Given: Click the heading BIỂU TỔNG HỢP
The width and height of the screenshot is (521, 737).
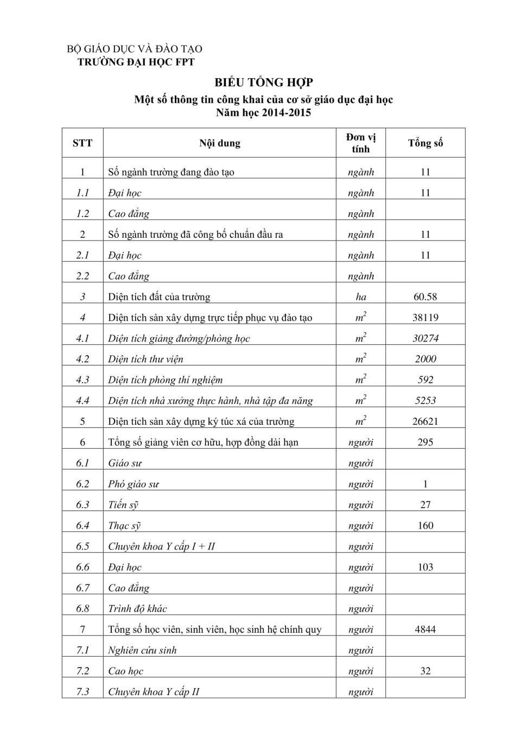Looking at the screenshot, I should coord(263,83).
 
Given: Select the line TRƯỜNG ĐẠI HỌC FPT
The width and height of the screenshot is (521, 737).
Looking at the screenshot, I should coord(136,62).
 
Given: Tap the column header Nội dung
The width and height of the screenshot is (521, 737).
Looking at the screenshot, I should coord(219,143).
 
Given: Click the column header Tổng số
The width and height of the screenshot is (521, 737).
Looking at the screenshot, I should coord(425,143).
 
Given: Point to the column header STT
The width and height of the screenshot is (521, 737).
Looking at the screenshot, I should coord(82,143).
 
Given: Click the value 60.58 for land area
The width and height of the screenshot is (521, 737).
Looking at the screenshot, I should coord(425,297).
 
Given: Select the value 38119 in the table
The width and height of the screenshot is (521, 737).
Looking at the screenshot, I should coord(425,318).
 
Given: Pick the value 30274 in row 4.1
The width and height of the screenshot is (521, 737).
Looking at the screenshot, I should coord(425,338).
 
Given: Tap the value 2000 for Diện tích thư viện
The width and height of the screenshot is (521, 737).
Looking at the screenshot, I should coord(425,359).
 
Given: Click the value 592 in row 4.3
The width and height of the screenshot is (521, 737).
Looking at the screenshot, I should coord(425,380).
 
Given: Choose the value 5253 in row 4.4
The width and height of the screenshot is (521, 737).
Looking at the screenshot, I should coord(425,401).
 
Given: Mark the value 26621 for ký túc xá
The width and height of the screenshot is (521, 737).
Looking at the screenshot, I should coord(425,421).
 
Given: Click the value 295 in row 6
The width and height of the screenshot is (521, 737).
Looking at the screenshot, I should coord(425,442).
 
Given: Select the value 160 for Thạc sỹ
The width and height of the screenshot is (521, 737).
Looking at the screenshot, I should coord(425,526).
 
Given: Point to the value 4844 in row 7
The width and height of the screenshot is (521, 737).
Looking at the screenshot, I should coord(425,629).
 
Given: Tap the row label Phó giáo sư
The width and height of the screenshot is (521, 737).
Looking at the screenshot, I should coord(134,484).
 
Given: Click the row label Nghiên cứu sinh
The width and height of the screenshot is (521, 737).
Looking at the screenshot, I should coord(142,650).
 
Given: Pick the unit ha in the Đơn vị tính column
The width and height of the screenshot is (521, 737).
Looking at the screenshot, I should coord(361,297).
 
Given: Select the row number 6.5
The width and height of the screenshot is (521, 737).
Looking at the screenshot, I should coord(82,546).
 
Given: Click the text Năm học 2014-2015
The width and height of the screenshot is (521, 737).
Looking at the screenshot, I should coord(263,113).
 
